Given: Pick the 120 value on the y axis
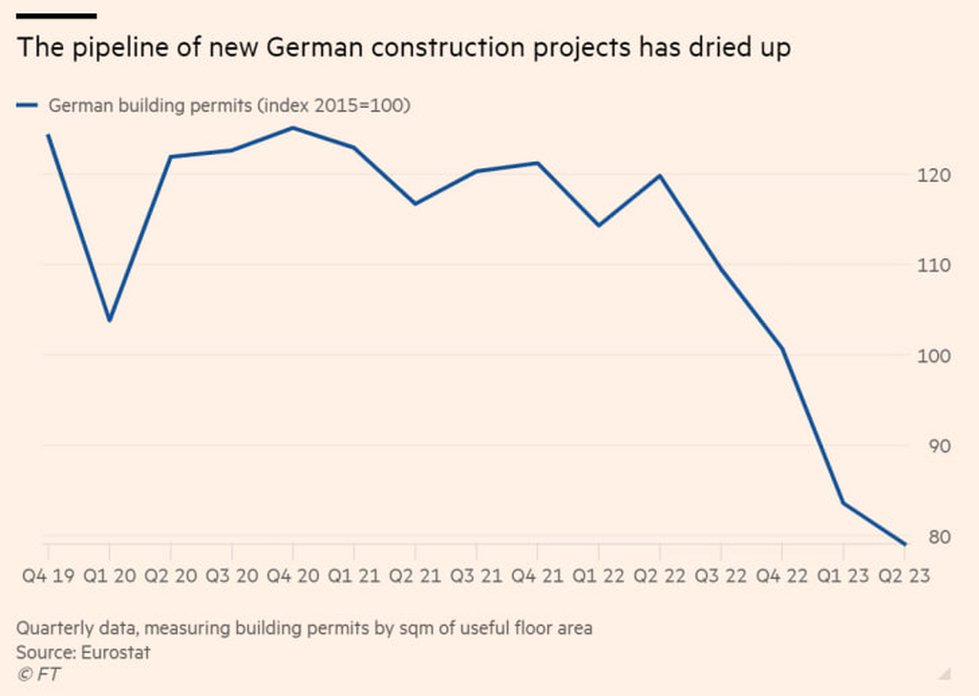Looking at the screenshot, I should point(935,175).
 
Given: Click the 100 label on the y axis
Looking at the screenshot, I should point(935,356).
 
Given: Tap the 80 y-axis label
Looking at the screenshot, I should point(939,537).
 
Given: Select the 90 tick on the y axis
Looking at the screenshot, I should point(939,446).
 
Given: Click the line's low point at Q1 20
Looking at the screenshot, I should point(110,320).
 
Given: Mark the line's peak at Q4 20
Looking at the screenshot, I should point(292,127).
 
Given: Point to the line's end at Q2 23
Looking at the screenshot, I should point(904,544).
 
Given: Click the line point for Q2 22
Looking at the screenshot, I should point(659,176).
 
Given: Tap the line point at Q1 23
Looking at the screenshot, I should point(842,503).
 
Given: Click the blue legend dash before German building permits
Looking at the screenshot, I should point(27,106).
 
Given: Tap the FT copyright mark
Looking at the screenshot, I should point(33,674).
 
